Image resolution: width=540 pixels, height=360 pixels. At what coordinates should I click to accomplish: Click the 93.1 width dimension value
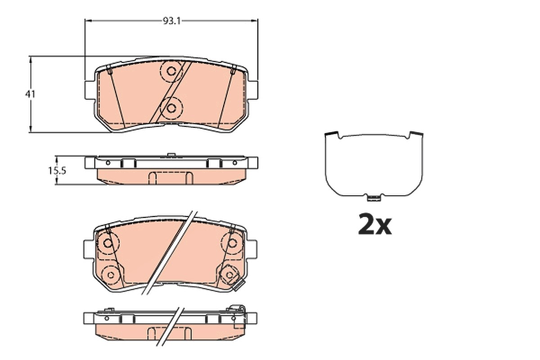(171, 22)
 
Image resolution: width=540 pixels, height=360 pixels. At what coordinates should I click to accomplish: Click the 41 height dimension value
(30, 94)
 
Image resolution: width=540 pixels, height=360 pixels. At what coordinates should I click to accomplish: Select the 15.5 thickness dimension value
(57, 171)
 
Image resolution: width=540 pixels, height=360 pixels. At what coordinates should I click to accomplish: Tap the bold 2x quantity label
(375, 224)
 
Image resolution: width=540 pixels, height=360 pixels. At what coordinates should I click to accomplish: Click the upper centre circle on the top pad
(171, 71)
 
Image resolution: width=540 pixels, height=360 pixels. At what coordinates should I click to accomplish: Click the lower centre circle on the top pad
(171, 108)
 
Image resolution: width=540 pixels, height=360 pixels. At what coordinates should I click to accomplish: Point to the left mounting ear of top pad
(90, 90)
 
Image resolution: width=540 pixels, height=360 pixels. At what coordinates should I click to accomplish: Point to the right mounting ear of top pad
(252, 90)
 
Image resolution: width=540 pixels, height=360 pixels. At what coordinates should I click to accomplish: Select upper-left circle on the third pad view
(108, 243)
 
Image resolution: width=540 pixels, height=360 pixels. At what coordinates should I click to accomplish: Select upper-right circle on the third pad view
(232, 243)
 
